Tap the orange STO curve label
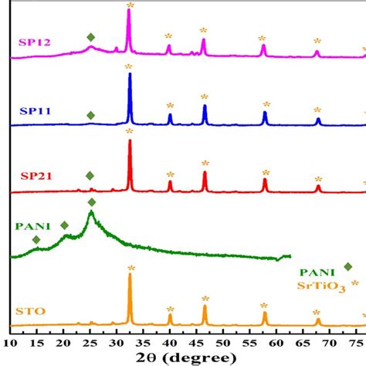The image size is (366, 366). (29, 312)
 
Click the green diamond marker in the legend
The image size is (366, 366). (348, 266)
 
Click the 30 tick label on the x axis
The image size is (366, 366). (117, 341)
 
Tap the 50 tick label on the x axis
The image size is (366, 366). (223, 341)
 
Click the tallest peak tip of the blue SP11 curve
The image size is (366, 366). (130, 74)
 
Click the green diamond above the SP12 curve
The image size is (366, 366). (91, 37)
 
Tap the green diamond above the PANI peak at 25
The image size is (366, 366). (92, 202)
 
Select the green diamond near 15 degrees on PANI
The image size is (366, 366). (36, 239)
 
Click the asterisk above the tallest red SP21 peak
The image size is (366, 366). (130, 132)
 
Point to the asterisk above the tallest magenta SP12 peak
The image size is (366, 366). (129, 5)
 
